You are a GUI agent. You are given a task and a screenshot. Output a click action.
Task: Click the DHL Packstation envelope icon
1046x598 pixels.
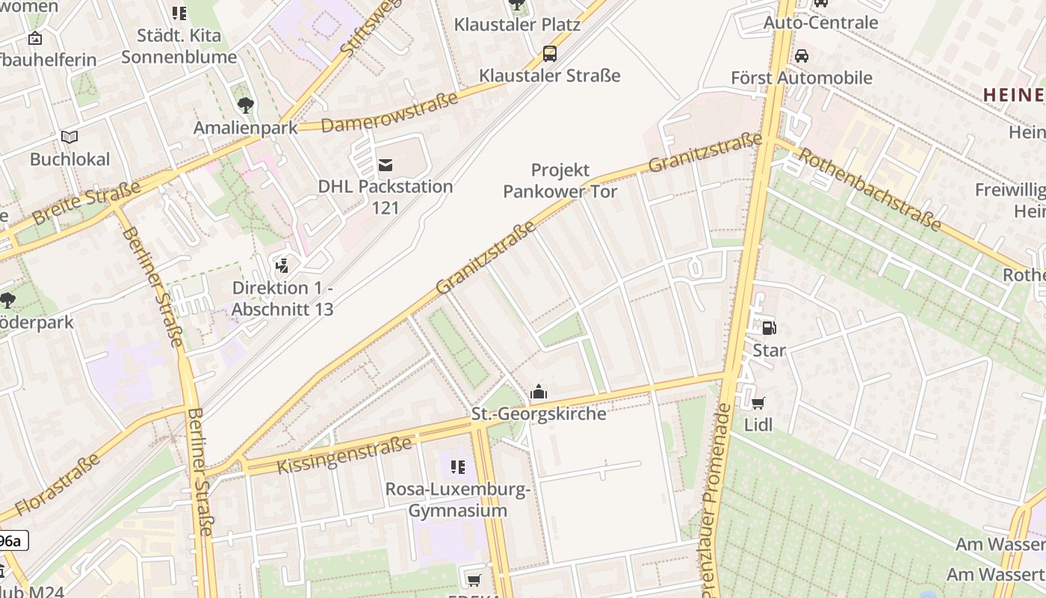click(x=386, y=164)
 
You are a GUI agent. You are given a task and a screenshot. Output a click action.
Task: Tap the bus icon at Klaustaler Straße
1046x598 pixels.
click(x=550, y=53)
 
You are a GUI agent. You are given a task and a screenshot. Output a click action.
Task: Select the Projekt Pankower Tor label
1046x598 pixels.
click(x=560, y=181)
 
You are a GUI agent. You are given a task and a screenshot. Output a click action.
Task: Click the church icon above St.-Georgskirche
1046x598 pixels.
click(x=539, y=392)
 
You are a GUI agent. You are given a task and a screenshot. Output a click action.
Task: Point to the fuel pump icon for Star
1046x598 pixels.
click(x=769, y=327)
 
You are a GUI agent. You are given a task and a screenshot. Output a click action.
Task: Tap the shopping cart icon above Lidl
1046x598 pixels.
click(x=758, y=404)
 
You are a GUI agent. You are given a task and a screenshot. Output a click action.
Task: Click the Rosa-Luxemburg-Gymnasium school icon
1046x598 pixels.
click(x=457, y=468)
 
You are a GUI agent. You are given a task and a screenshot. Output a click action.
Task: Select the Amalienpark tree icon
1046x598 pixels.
click(x=245, y=105)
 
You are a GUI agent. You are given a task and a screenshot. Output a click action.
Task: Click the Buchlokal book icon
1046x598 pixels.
click(x=69, y=138)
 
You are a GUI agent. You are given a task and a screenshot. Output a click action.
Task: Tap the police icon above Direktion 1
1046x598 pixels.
click(x=282, y=265)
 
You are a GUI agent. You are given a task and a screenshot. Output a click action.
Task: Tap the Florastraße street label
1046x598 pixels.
click(x=57, y=484)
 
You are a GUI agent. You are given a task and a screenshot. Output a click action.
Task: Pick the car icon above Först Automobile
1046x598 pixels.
click(x=801, y=56)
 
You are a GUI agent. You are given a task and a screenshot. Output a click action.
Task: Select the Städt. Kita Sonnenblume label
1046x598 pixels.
click(x=179, y=46)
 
